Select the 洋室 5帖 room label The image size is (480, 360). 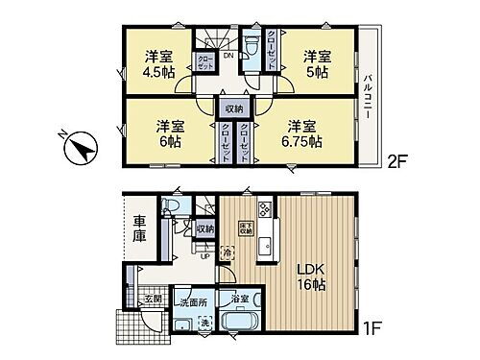(x=316, y=62)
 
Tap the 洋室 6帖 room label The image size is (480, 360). (x=170, y=133)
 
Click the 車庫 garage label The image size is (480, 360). (x=139, y=236)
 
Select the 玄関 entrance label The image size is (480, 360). (x=152, y=300)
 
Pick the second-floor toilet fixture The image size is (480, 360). (x=251, y=45)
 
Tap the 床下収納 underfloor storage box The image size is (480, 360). (x=244, y=228)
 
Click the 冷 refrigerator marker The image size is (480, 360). (x=228, y=253)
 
